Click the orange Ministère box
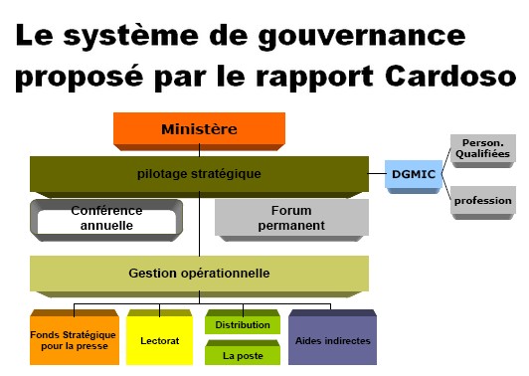pyautogui.click(x=199, y=129)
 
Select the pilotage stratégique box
pyautogui.click(x=199, y=174)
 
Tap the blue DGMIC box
pyautogui.click(x=412, y=175)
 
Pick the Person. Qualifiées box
pyautogui.click(x=482, y=150)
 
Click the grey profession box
pyautogui.click(x=482, y=201)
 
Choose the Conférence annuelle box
pyautogui.click(x=106, y=218)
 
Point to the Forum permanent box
pyautogui.click(x=291, y=218)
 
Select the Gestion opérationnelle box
pyautogui.click(x=199, y=273)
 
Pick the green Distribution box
pyautogui.click(x=243, y=324)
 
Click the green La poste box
pyautogui.click(x=243, y=353)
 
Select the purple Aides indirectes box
pyautogui.click(x=333, y=339)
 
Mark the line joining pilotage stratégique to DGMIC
pyautogui.click(x=377, y=175)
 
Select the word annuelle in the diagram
pyautogui.click(x=106, y=226)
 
